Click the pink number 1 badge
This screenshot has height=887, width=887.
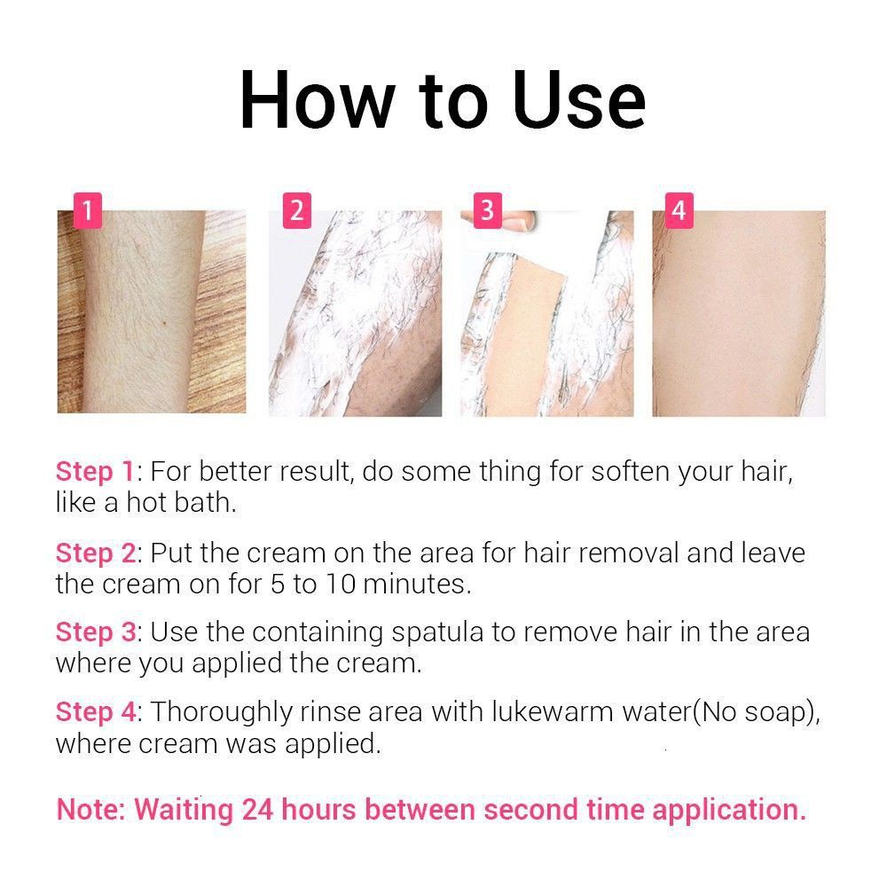pyautogui.click(x=88, y=210)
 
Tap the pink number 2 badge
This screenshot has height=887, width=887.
pyautogui.click(x=297, y=210)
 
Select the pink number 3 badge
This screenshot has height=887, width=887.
pyautogui.click(x=488, y=210)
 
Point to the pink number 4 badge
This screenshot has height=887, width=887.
pyautogui.click(x=679, y=210)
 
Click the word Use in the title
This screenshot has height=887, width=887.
pyautogui.click(x=578, y=101)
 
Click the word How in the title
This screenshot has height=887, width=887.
pyautogui.click(x=318, y=101)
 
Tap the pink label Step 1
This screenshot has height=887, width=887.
pyautogui.click(x=95, y=472)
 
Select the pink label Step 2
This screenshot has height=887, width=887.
pyautogui.click(x=96, y=553)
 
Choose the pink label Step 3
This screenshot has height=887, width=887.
pyautogui.click(x=96, y=632)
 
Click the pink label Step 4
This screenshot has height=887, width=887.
pyautogui.click(x=96, y=712)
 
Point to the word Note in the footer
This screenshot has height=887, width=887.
pyautogui.click(x=89, y=810)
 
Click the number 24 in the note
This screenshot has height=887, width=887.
pyautogui.click(x=257, y=810)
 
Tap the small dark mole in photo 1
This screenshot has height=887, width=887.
pyautogui.click(x=163, y=323)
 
